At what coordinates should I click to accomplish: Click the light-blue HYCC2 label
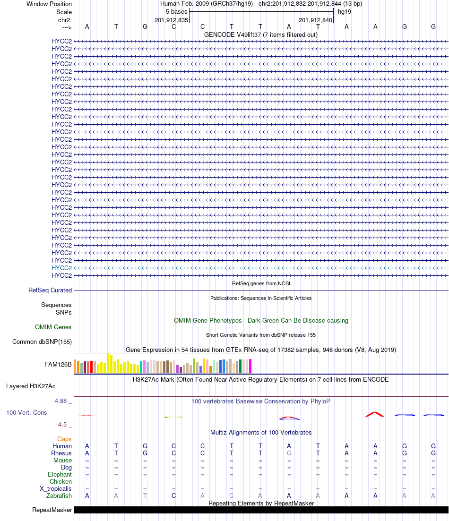click(61, 268)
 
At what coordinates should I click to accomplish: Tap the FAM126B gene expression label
click(58, 364)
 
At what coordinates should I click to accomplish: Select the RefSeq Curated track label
click(50, 290)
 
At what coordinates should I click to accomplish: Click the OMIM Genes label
click(53, 327)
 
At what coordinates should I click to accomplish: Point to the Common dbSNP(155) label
click(42, 342)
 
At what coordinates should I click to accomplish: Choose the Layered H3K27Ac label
click(39, 386)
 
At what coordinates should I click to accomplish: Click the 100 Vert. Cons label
click(26, 412)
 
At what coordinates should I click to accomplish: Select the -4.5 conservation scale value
click(62, 424)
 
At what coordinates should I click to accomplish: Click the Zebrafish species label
click(59, 495)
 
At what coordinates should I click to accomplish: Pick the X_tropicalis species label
click(56, 488)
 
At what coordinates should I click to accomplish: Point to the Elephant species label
click(60, 474)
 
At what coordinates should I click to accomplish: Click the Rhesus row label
click(61, 453)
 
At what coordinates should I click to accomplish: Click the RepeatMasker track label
click(52, 510)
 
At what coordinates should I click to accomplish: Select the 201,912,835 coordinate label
click(172, 20)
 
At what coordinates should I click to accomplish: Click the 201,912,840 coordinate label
click(316, 20)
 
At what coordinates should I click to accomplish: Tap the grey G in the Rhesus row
click(289, 453)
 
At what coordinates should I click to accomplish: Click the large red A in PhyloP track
click(375, 414)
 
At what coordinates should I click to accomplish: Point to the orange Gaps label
click(64, 439)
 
